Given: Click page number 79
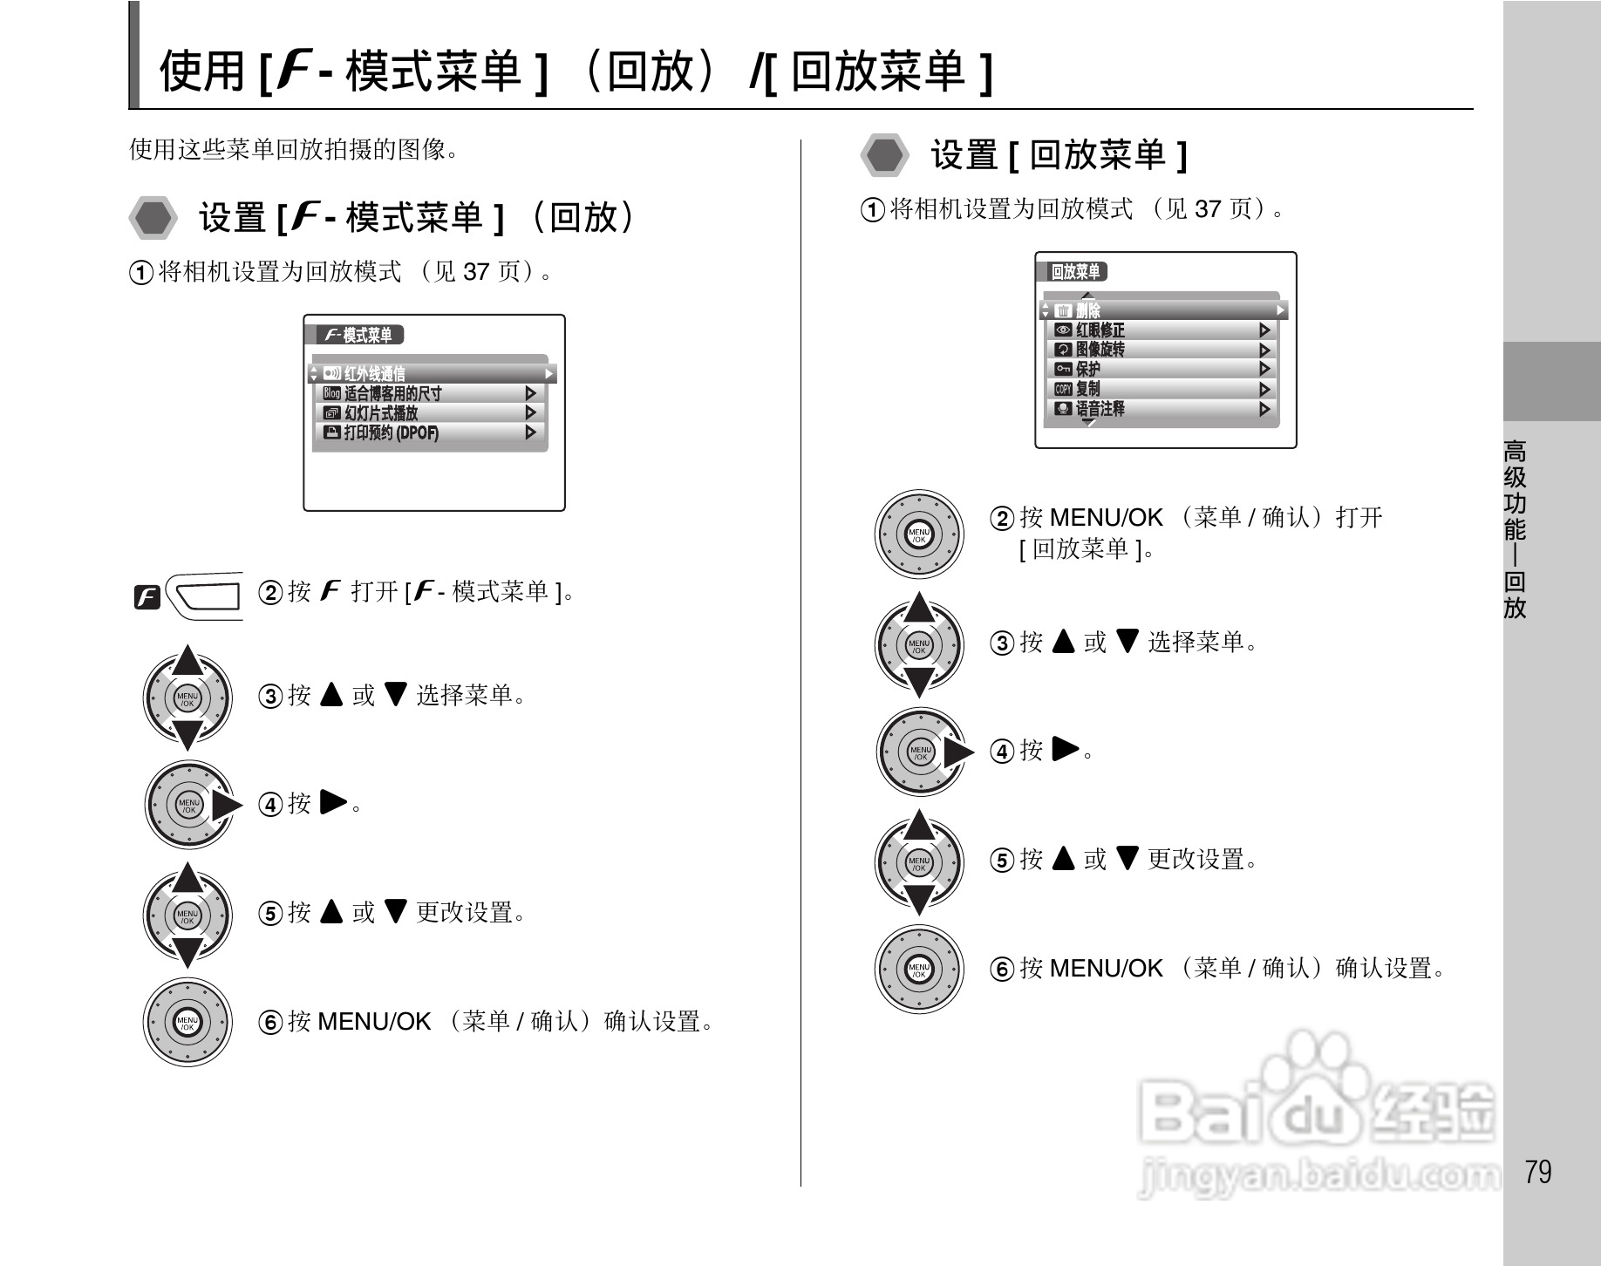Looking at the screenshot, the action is pyautogui.click(x=1538, y=1172).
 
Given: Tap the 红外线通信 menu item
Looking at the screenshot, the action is pyautogui.click(x=374, y=374).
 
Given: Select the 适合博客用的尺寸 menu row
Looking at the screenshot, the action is pyautogui.click(x=392, y=393).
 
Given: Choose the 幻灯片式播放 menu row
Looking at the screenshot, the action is pyautogui.click(x=381, y=413).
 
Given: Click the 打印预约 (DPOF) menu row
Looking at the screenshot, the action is pyautogui.click(x=391, y=432).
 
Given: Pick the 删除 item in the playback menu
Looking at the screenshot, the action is pyautogui.click(x=1087, y=310).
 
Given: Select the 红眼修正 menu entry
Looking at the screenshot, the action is pyautogui.click(x=1100, y=330).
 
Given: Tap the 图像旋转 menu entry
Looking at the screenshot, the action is pyautogui.click(x=1100, y=350).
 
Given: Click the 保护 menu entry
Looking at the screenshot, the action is pyautogui.click(x=1087, y=369).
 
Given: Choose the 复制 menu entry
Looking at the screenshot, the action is pyautogui.click(x=1087, y=389).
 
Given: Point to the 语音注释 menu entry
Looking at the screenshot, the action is pyautogui.click(x=1100, y=408).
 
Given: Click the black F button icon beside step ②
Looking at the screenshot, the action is pyautogui.click(x=147, y=597).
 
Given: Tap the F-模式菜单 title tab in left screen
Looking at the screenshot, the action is pyautogui.click(x=358, y=335).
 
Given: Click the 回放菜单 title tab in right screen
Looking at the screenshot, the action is pyautogui.click(x=1075, y=272).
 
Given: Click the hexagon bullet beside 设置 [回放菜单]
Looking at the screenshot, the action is pyautogui.click(x=885, y=155).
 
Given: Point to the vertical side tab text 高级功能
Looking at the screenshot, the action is pyautogui.click(x=1515, y=490).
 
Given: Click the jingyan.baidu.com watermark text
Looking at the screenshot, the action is pyautogui.click(x=1318, y=1178).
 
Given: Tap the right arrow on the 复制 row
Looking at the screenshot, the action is pyautogui.click(x=1264, y=389).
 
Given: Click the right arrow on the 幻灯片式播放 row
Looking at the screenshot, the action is pyautogui.click(x=530, y=413).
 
